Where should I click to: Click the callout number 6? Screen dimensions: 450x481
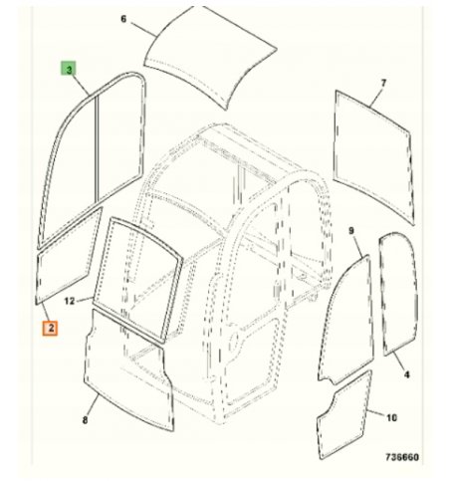click(x=123, y=19)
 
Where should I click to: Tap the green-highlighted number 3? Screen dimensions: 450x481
click(x=68, y=69)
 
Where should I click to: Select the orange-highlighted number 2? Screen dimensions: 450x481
click(x=50, y=329)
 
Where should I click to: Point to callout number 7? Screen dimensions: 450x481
click(x=383, y=83)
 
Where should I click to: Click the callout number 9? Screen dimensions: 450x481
click(x=351, y=230)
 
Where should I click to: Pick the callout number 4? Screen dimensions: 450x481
click(x=407, y=374)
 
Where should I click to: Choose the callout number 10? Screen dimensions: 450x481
click(x=392, y=417)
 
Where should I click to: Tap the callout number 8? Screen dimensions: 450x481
click(x=86, y=420)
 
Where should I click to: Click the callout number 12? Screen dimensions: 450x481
click(x=70, y=301)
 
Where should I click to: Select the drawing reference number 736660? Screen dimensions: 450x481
click(x=402, y=457)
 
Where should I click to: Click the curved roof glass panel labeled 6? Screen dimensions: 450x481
click(x=210, y=57)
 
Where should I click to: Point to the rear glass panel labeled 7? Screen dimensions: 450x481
click(x=374, y=156)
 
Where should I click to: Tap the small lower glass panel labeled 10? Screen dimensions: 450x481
click(x=344, y=415)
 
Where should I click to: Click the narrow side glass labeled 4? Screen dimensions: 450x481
click(x=398, y=294)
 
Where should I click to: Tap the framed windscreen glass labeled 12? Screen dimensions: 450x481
click(x=137, y=280)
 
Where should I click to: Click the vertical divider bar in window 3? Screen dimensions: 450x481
click(x=97, y=149)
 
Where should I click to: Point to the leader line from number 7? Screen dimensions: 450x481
click(x=376, y=98)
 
